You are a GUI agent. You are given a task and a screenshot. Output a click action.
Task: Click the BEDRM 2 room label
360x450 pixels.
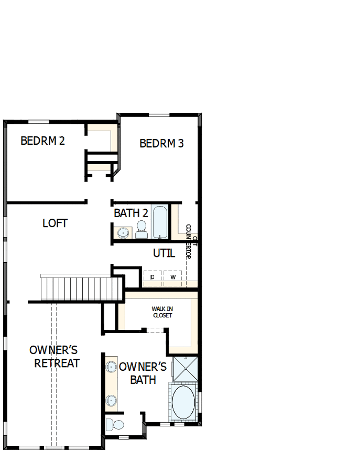coord(42,141)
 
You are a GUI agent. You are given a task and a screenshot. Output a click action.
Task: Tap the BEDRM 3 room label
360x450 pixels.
coord(161,143)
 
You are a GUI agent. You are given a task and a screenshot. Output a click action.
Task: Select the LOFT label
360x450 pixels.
coord(55,223)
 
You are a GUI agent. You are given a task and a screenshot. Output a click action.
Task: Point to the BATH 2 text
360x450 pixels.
coord(131,213)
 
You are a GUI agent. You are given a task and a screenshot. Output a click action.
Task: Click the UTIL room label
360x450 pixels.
coord(163,253)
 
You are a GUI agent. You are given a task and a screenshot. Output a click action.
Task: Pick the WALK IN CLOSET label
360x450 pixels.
coord(162,312)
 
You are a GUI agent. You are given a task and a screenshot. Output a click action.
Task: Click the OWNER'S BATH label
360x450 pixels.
coord(143,373)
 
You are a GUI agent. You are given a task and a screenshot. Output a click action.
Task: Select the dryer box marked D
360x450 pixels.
coord(152,276)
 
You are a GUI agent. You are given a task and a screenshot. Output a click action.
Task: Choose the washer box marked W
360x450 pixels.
coord(172,276)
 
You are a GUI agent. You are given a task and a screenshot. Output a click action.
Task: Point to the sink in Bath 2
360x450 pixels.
coord(124,232)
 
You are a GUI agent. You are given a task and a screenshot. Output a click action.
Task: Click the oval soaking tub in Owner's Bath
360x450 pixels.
coord(183,402)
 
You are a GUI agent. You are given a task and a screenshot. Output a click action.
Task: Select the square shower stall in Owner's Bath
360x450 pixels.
coord(186,369)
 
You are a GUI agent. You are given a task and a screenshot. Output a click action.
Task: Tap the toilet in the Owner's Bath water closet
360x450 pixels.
coord(116,424)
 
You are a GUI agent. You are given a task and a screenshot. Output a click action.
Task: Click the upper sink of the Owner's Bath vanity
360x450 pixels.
coord(111,367)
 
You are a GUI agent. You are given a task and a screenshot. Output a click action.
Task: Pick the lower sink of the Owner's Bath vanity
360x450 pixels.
coord(111,400)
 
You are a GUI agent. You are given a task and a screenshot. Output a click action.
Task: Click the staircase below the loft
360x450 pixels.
coord(81,288)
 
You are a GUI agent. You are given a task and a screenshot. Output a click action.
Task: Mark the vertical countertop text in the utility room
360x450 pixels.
coord(191,247)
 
